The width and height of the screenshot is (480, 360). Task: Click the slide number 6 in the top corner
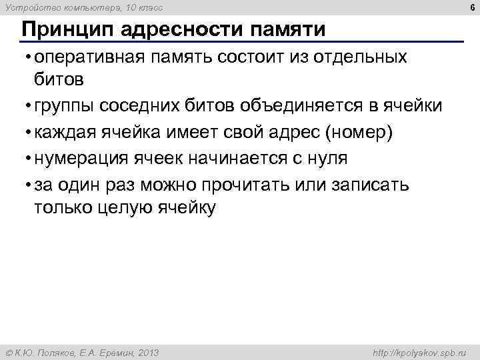coord(470,7)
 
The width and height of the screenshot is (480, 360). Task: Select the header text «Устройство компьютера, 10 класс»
coord(83,7)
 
